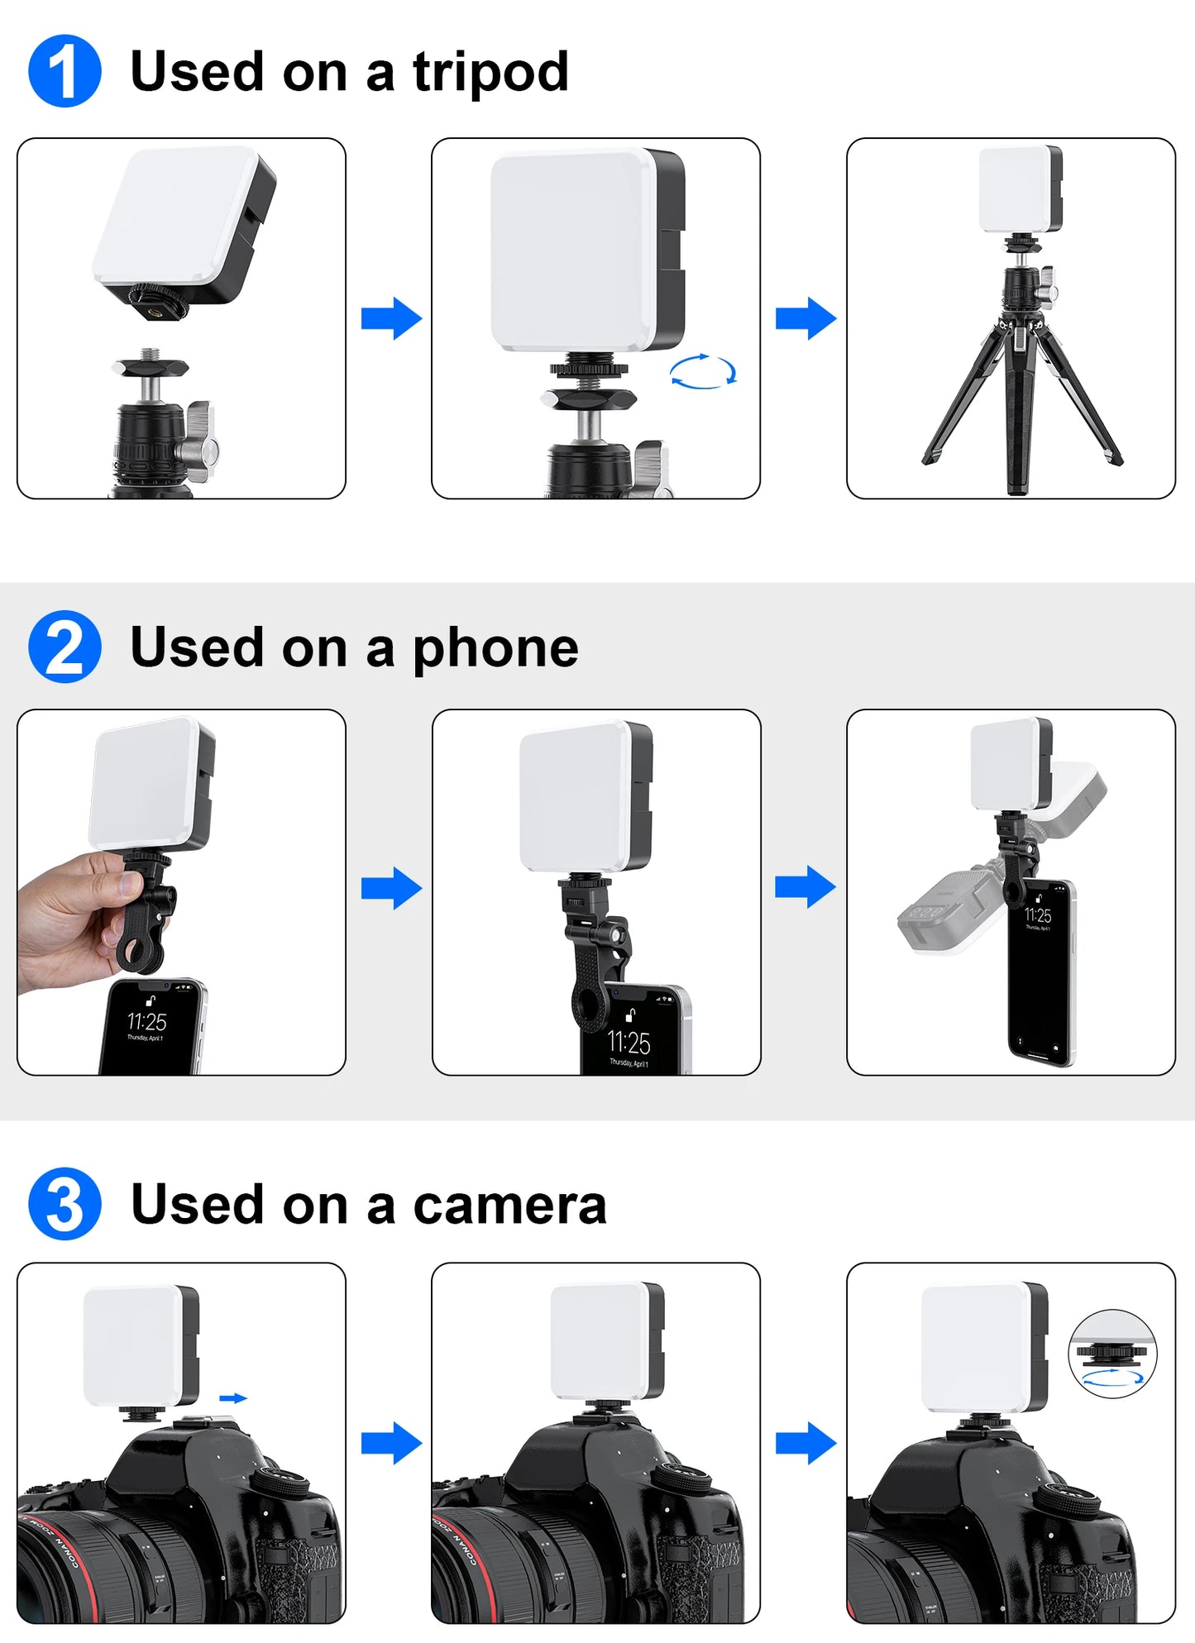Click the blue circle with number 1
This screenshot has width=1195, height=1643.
pos(65,71)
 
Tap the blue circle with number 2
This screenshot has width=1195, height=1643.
pos(65,647)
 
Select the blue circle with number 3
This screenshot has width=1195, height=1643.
pos(65,1203)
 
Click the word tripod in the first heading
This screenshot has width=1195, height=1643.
pos(490,73)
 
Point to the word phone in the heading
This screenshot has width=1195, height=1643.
pos(495,648)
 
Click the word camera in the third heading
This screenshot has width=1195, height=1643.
pos(509,1205)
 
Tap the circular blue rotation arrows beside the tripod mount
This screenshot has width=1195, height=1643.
pos(703,371)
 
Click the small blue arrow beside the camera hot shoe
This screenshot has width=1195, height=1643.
pos(233,1398)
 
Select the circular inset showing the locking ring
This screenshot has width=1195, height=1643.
pos(1112,1354)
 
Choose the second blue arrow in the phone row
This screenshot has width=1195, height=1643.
pos(805,887)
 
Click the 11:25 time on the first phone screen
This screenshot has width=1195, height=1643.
pos(146,1021)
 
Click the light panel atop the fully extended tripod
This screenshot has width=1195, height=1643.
pos(1020,189)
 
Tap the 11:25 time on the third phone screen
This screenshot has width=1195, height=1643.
pos(1038,915)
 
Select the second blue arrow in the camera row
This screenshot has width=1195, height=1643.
pos(805,1444)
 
